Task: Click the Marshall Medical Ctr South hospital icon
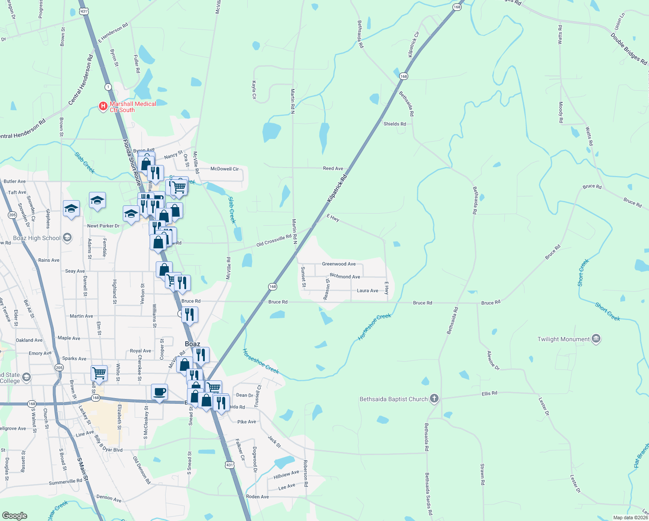point(103,106)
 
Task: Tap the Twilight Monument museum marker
point(596,339)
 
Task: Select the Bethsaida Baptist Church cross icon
point(434,399)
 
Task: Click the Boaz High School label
point(37,238)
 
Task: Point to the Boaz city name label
point(193,344)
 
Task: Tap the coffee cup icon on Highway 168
point(159,392)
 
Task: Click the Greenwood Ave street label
point(339,264)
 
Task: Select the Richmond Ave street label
point(345,276)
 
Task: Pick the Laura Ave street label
point(367,291)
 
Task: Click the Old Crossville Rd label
point(274,241)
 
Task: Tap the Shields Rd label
point(395,124)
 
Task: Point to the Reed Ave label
point(333,168)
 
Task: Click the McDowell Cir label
point(224,169)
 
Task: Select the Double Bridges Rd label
point(629,49)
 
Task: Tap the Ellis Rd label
point(489,394)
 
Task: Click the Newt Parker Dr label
point(103,226)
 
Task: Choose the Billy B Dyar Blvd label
point(108,445)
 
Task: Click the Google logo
point(15,516)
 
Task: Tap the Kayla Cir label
point(254,90)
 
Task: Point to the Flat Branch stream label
point(641,456)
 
